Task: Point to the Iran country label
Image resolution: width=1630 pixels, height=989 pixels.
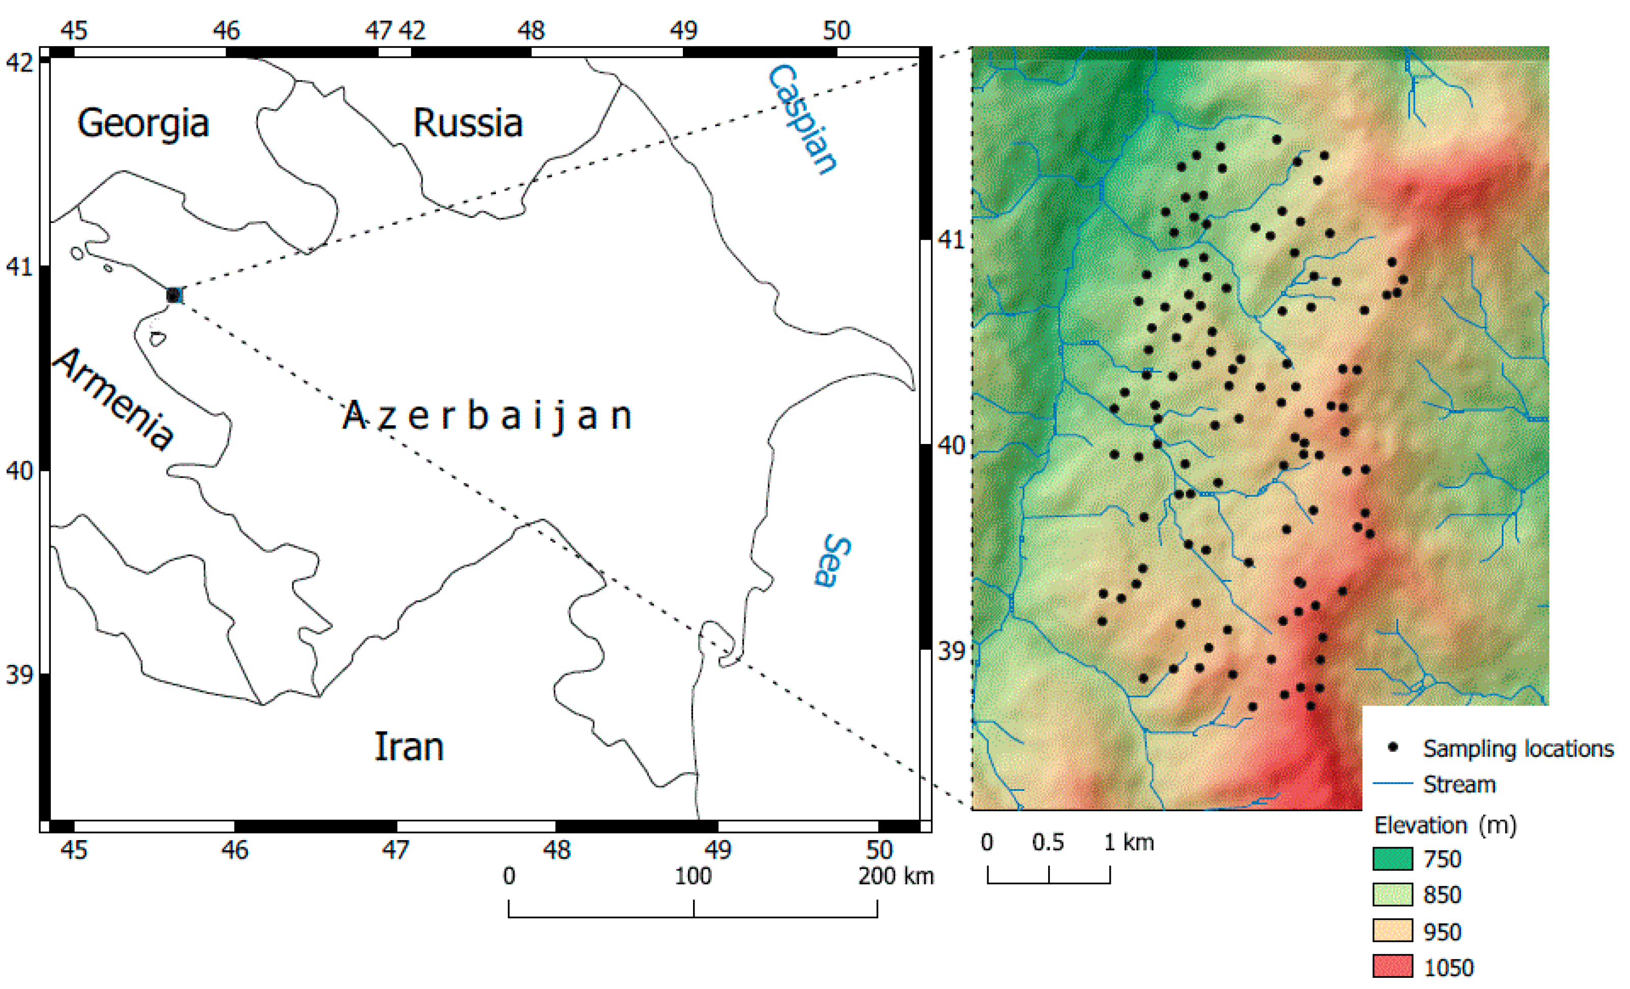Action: pos(409,747)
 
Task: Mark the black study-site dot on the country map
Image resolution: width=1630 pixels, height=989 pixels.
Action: pos(173,295)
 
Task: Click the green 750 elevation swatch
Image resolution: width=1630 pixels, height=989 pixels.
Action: pos(1393,858)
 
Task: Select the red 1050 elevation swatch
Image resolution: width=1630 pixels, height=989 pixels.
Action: pos(1393,967)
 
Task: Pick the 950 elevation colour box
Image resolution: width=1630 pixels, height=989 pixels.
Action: pos(1393,931)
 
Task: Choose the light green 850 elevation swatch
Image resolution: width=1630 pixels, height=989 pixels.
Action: pos(1393,895)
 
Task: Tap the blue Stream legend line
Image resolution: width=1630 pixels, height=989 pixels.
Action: pos(1393,784)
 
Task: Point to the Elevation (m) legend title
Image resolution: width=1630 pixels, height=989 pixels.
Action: pos(1445,825)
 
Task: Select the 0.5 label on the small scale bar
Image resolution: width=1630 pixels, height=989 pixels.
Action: pos(1048,842)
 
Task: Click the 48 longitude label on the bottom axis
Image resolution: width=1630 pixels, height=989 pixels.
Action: pos(556,849)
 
